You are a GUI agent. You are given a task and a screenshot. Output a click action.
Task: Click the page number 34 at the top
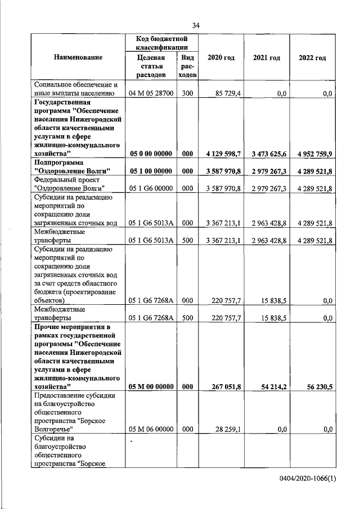coord(196,25)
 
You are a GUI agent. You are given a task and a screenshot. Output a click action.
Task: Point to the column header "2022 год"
coord(312,58)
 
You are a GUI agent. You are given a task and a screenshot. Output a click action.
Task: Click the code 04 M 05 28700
coord(151,93)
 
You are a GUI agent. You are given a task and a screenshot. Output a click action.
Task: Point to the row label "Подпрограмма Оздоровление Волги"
coord(71,166)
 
